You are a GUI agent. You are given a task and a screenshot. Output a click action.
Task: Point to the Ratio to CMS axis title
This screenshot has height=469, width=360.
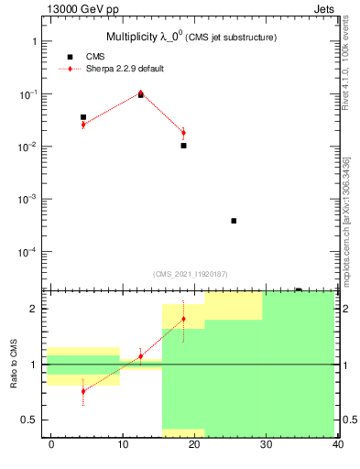click(16, 364)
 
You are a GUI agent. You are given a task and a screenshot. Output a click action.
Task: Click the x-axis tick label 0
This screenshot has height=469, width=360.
click(51, 445)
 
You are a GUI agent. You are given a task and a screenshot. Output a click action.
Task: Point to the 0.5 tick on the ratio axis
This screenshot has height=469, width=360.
click(28, 420)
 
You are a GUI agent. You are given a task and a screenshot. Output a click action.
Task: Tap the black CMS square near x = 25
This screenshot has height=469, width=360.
click(234, 221)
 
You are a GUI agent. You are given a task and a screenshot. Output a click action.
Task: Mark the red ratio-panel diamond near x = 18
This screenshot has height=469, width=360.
click(183, 319)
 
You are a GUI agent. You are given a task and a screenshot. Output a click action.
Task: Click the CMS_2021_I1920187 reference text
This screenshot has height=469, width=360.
click(191, 273)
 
